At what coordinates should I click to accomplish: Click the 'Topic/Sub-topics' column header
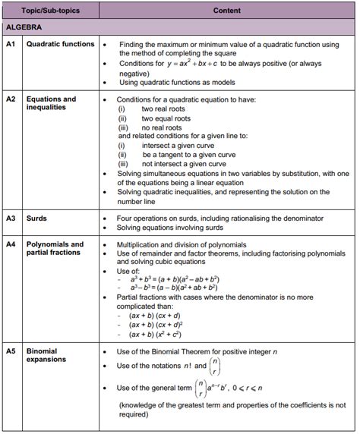[x=52, y=11]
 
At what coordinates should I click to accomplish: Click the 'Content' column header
[x=227, y=11]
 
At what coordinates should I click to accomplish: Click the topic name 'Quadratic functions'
[x=61, y=45]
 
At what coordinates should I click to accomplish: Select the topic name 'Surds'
[x=36, y=219]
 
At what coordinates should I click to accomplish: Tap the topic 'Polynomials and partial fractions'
[x=55, y=249]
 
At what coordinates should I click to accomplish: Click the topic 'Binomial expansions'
[x=47, y=356]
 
